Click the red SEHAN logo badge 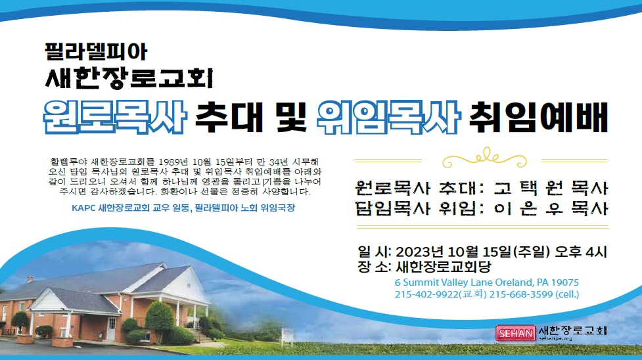tap(515, 333)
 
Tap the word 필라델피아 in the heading tap(96, 52)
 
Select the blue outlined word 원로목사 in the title tap(115, 117)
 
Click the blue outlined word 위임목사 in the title tap(388, 117)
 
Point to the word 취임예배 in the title tap(538, 117)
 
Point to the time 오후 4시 tap(581, 252)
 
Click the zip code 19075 tap(565, 282)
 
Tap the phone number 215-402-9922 tap(426, 294)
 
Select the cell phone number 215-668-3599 tap(521, 294)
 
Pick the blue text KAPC tap(83, 208)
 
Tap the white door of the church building tap(111, 328)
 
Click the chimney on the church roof tap(30, 279)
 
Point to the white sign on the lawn tap(287, 334)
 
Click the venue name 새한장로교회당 tap(444, 267)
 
